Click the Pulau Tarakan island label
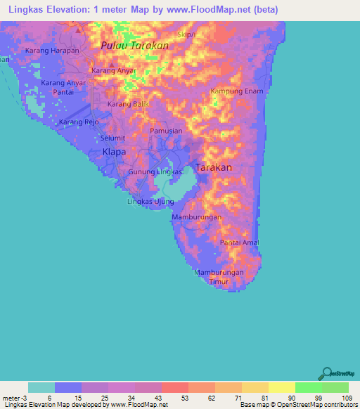134,45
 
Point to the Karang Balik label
128,104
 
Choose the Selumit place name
114,138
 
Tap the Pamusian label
166,131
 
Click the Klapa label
114,152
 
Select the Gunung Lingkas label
155,171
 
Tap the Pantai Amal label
240,242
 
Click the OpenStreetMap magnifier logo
326,373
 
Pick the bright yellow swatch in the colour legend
281,387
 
